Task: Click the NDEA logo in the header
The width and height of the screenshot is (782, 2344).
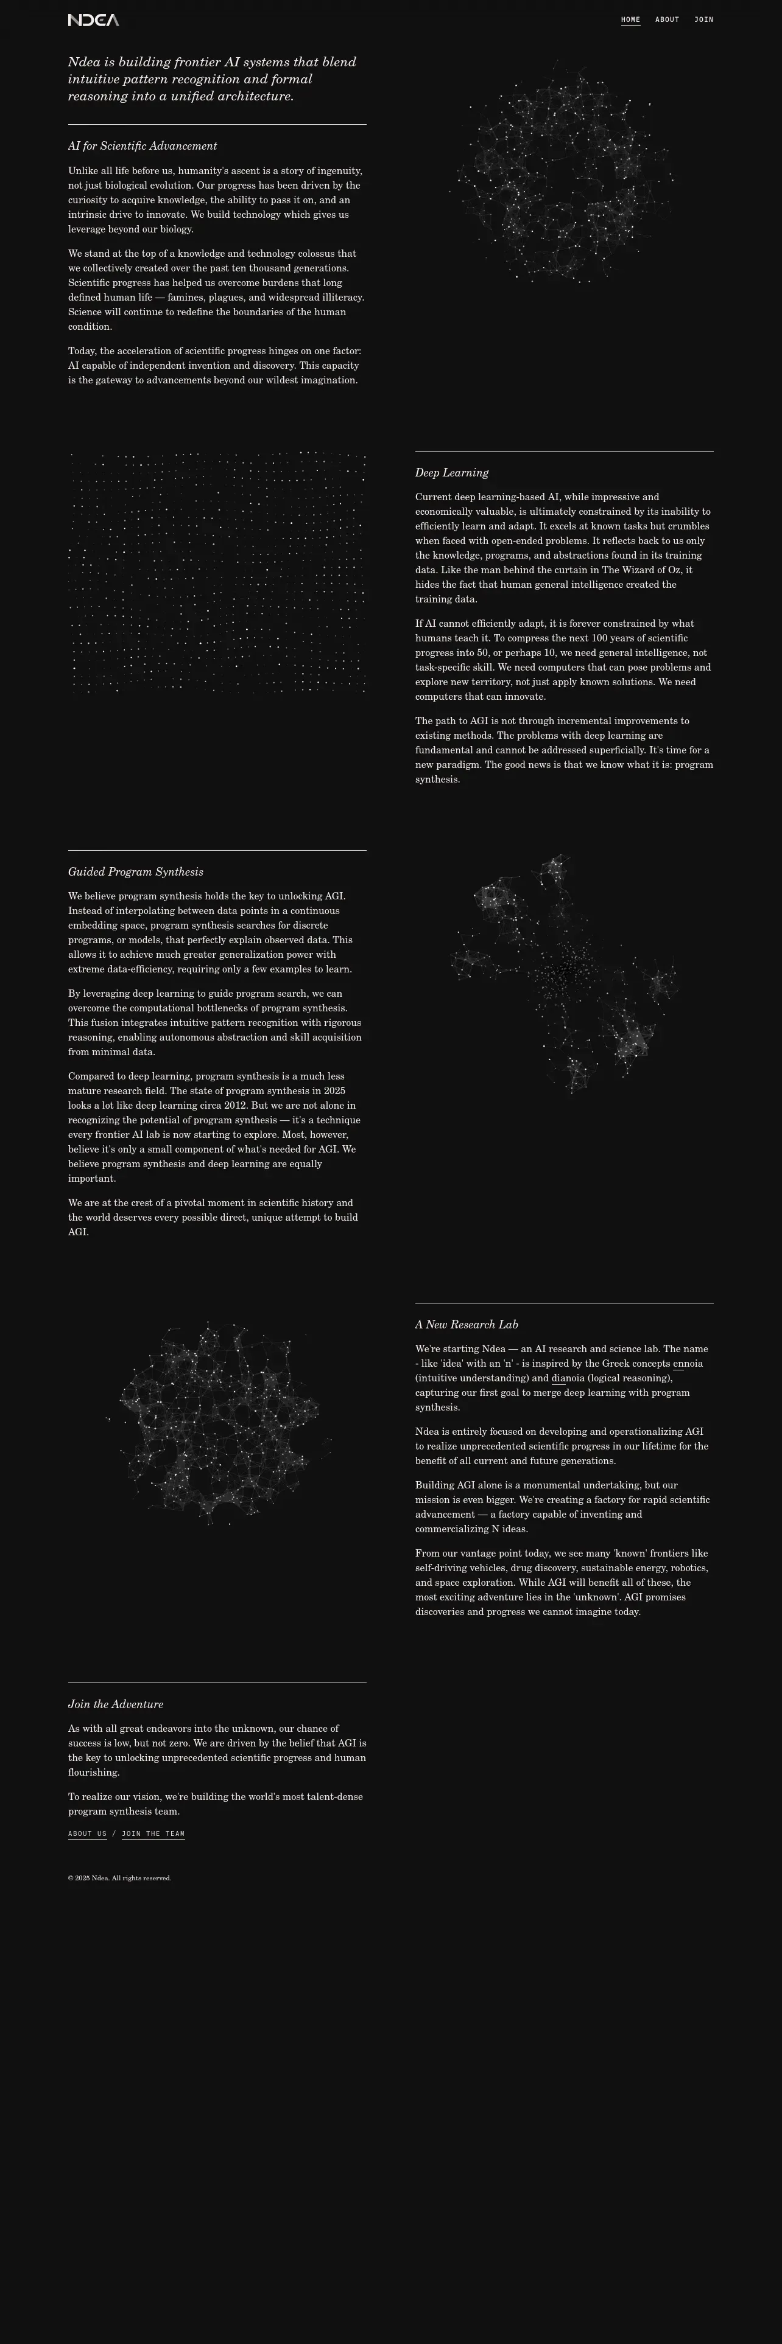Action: coord(93,20)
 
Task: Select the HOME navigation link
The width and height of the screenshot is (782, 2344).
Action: coord(630,19)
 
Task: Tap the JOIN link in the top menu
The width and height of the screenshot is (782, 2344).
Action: coord(703,19)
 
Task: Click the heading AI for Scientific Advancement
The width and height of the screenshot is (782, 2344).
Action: coord(142,145)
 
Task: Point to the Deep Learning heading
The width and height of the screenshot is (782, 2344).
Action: coord(451,472)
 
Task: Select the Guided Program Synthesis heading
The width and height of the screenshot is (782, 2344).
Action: coord(136,872)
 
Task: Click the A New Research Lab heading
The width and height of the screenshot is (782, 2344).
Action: coord(466,1324)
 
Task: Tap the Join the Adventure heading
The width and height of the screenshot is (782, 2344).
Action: coord(116,1703)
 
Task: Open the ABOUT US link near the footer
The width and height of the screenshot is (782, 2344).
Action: coord(87,1833)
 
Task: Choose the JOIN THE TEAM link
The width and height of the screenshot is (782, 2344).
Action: coord(153,1833)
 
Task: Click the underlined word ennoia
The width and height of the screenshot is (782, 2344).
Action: coord(688,1363)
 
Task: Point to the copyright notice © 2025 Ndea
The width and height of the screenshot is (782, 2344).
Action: coord(119,1878)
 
